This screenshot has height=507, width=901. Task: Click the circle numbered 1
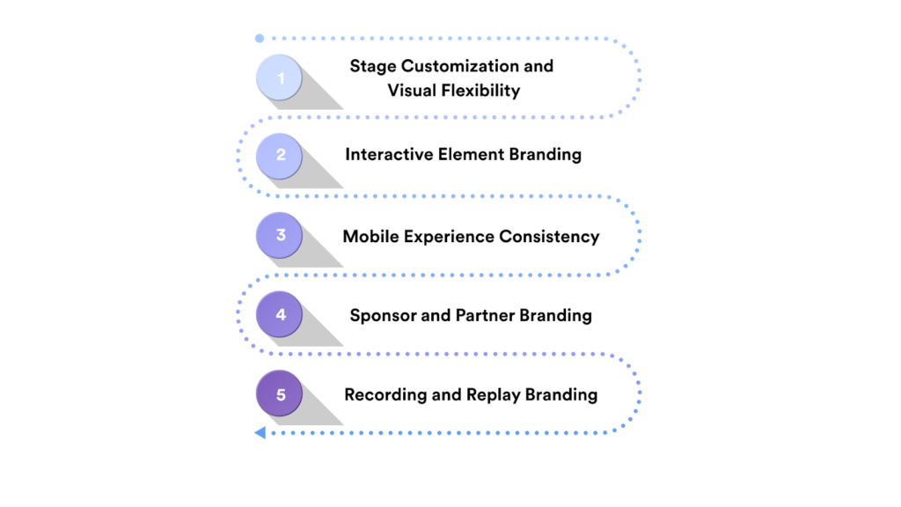[x=280, y=78]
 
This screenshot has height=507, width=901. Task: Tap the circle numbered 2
[x=280, y=156]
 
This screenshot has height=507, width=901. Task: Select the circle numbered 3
[x=280, y=236]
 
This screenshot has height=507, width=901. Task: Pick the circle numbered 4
[x=280, y=314]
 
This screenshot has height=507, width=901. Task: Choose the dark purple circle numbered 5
[x=280, y=393]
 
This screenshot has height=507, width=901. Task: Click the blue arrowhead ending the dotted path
[x=260, y=432]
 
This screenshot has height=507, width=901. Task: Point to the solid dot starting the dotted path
[x=260, y=39]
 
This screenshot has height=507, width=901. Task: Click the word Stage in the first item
[x=372, y=66]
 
